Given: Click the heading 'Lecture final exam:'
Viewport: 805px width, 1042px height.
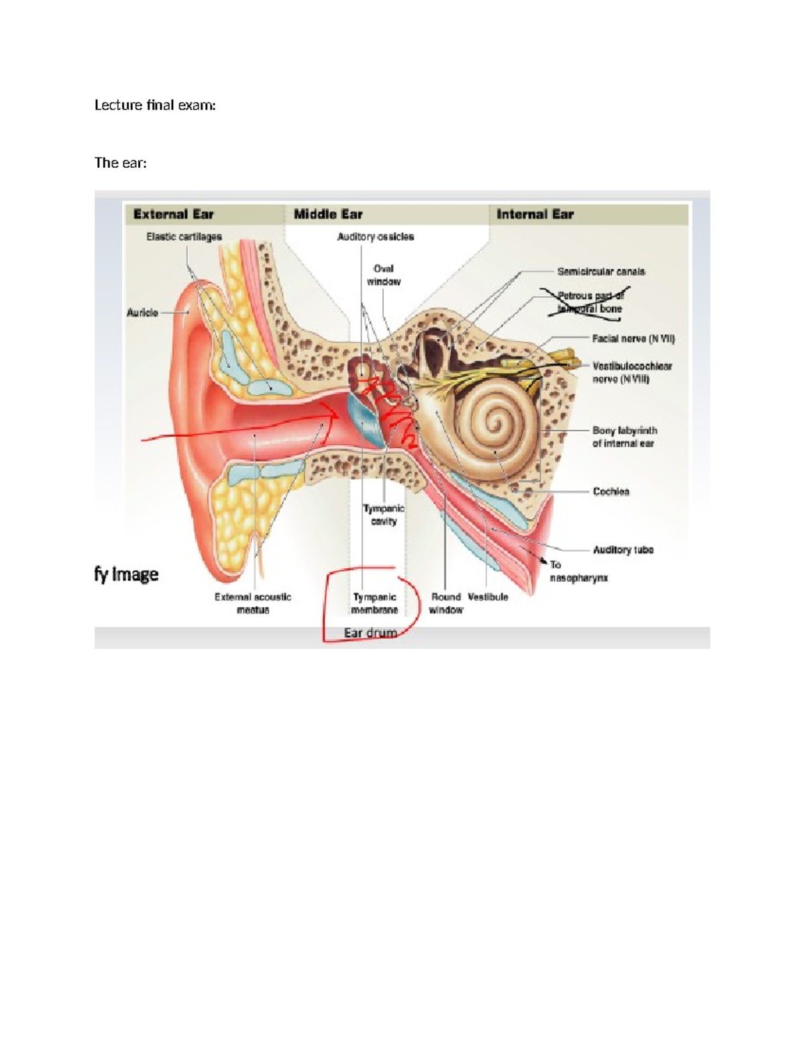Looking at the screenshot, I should click(x=155, y=105).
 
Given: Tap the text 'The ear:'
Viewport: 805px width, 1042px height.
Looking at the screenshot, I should click(x=120, y=163).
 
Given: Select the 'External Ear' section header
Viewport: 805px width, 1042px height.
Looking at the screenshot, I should click(x=173, y=215).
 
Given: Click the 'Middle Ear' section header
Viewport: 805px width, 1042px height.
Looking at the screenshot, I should click(x=328, y=215).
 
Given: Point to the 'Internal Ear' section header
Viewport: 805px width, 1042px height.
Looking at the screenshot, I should click(x=535, y=215).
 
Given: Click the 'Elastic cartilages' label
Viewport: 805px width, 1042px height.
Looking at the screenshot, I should click(x=184, y=237).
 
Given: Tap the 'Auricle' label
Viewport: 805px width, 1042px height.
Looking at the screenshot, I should click(x=142, y=313).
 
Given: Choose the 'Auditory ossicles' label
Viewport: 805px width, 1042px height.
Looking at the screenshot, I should click(x=375, y=237).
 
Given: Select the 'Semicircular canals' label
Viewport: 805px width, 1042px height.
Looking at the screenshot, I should click(x=601, y=272).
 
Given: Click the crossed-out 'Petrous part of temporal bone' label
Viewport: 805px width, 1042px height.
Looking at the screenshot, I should click(x=590, y=303).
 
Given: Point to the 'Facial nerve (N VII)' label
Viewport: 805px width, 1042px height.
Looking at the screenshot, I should click(x=633, y=339).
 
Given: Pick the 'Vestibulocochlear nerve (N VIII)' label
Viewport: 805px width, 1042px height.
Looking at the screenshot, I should click(x=631, y=372).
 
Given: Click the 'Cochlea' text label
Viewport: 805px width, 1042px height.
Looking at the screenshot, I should click(x=610, y=492).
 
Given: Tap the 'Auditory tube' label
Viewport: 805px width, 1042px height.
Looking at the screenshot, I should click(x=623, y=550).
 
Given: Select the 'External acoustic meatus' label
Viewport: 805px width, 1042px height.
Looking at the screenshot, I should click(x=253, y=603).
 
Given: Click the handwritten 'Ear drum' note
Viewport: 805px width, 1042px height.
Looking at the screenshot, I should click(x=370, y=633).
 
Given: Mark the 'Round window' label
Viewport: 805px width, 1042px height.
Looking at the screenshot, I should click(x=446, y=603).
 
